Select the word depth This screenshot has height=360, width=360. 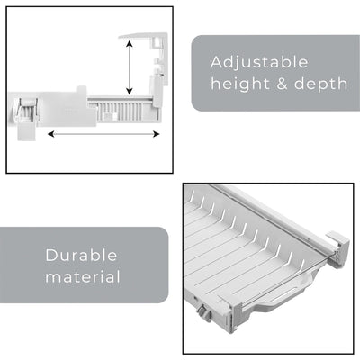tap(320, 84)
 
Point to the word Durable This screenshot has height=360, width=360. tap(81, 255)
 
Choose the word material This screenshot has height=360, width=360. tap(83, 276)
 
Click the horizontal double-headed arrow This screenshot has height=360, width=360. tap(103, 134)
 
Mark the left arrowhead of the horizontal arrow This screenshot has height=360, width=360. tap(49, 134)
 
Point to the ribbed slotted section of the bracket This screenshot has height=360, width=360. tap(121, 107)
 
